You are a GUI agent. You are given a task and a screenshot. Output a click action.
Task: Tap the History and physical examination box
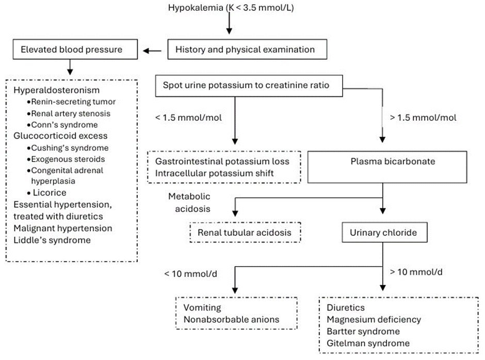(x=248, y=51)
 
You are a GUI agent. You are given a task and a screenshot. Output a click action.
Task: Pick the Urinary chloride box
(x=382, y=233)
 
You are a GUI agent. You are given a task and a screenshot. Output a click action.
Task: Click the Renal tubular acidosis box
(x=245, y=233)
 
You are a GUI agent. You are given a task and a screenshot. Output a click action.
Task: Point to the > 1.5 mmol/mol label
(x=423, y=118)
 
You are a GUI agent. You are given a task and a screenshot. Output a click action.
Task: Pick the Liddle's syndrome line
(x=52, y=240)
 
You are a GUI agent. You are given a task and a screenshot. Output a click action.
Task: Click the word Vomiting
(x=202, y=308)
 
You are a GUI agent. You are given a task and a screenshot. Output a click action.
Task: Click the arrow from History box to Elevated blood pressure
(x=152, y=51)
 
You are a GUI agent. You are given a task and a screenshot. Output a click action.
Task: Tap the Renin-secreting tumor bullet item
(x=74, y=102)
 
